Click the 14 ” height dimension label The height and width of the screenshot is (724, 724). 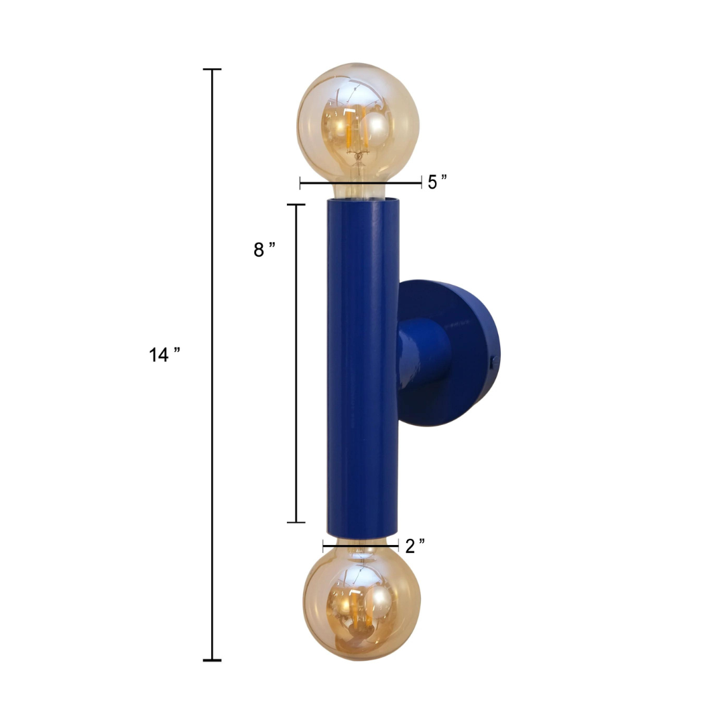165,355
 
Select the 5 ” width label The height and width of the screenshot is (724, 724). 437,182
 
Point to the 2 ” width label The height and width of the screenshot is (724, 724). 416,546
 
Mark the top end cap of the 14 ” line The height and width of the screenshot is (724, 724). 213,70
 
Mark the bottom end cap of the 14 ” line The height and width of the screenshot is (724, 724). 213,660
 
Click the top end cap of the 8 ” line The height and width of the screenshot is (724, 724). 296,204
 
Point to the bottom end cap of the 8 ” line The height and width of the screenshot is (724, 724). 296,522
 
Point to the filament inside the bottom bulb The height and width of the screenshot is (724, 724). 359,613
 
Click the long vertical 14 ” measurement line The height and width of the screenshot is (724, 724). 213,469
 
